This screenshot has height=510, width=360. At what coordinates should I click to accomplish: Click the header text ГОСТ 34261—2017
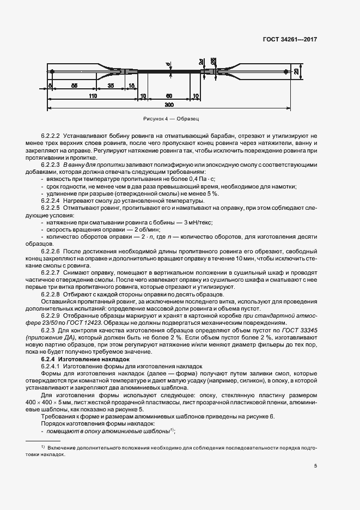pos(290,40)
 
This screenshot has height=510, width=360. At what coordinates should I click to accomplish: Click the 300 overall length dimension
pos(169,104)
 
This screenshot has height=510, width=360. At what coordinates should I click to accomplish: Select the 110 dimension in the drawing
pos(93,96)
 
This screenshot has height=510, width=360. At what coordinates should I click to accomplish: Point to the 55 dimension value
pos(74,86)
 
